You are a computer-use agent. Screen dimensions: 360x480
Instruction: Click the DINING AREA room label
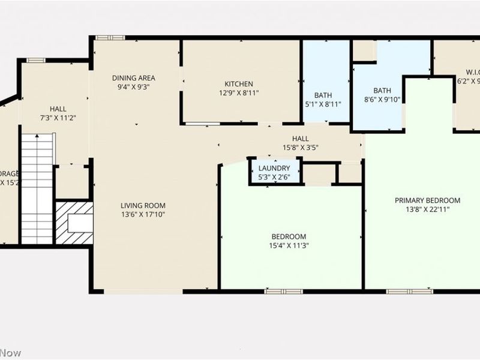[x=134, y=78]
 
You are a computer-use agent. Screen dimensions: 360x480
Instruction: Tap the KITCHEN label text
[x=239, y=84]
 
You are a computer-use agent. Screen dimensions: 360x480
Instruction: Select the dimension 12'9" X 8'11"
[x=239, y=93]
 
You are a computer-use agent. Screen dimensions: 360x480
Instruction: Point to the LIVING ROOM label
[x=142, y=205]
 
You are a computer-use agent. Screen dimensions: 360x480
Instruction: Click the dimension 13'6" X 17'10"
[x=142, y=214]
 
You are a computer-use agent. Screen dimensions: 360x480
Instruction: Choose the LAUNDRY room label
[x=274, y=168]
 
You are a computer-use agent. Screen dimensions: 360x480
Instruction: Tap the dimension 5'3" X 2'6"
[x=274, y=176]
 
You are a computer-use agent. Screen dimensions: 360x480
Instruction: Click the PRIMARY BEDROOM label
[x=427, y=200]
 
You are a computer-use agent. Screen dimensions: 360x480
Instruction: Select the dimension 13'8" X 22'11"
[x=427, y=209]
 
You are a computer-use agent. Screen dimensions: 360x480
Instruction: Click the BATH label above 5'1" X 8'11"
[x=323, y=95]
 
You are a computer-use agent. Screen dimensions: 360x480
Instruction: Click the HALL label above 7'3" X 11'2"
[x=58, y=109]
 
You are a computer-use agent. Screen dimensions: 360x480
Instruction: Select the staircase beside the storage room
[x=37, y=188]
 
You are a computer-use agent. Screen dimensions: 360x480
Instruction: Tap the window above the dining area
[x=110, y=38]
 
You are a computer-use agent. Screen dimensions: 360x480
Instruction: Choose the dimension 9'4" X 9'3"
[x=134, y=86]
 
